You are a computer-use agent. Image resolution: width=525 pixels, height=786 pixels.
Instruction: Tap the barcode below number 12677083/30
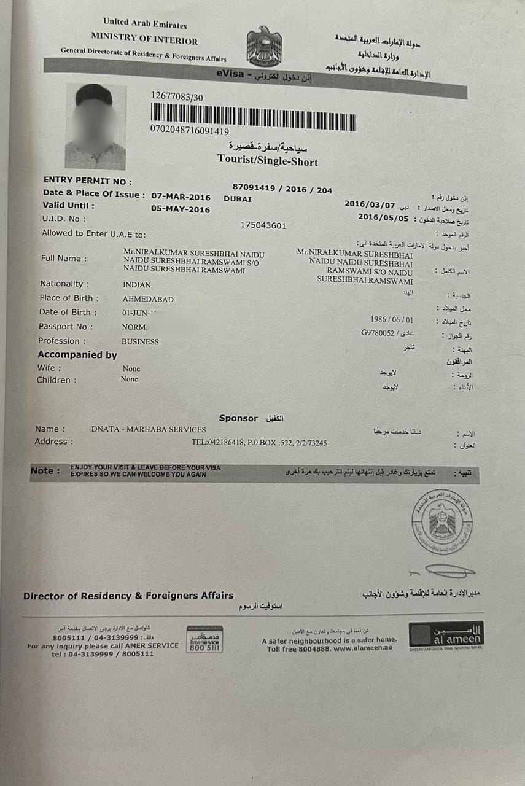pos(253,116)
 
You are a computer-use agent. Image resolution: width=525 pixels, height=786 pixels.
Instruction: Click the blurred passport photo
pos(95,126)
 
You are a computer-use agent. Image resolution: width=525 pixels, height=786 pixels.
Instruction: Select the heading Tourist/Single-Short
pos(268,161)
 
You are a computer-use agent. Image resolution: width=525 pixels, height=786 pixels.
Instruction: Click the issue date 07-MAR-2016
pos(181,197)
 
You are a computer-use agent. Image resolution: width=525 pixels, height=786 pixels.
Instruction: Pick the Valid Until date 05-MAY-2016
pos(181,209)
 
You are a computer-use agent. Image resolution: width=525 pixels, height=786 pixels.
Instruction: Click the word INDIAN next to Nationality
pos(137,285)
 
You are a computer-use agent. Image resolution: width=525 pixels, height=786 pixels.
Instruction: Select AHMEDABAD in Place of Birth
pos(148,300)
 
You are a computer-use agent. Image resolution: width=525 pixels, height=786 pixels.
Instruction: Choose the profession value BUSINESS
pos(140,342)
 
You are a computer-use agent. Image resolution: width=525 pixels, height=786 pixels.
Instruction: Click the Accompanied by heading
pos(77,355)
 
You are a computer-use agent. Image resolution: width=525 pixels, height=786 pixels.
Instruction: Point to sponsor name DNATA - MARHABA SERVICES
pos(149,429)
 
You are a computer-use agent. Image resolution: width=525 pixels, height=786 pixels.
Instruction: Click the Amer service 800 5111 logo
pos(204,639)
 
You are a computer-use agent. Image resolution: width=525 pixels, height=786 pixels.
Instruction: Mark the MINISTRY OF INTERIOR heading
pos(144,41)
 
